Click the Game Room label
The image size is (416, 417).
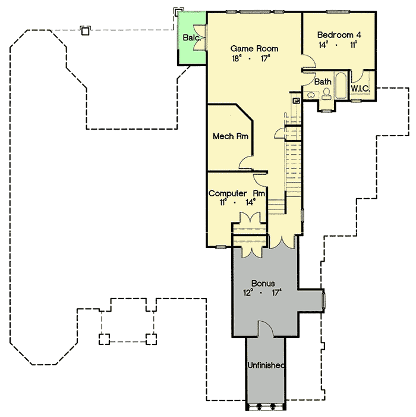(x=254, y=48)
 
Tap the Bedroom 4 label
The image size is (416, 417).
(x=339, y=35)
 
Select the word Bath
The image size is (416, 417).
(x=323, y=81)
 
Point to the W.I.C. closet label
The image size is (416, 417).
(x=361, y=89)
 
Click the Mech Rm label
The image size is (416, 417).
(x=230, y=137)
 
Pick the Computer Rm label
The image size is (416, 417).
(x=237, y=193)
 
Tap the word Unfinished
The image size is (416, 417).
(x=266, y=365)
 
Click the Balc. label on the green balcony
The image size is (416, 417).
(x=191, y=37)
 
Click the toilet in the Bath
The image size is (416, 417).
(x=326, y=93)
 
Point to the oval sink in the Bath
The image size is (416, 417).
(x=311, y=94)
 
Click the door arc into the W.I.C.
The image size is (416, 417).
(x=355, y=77)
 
